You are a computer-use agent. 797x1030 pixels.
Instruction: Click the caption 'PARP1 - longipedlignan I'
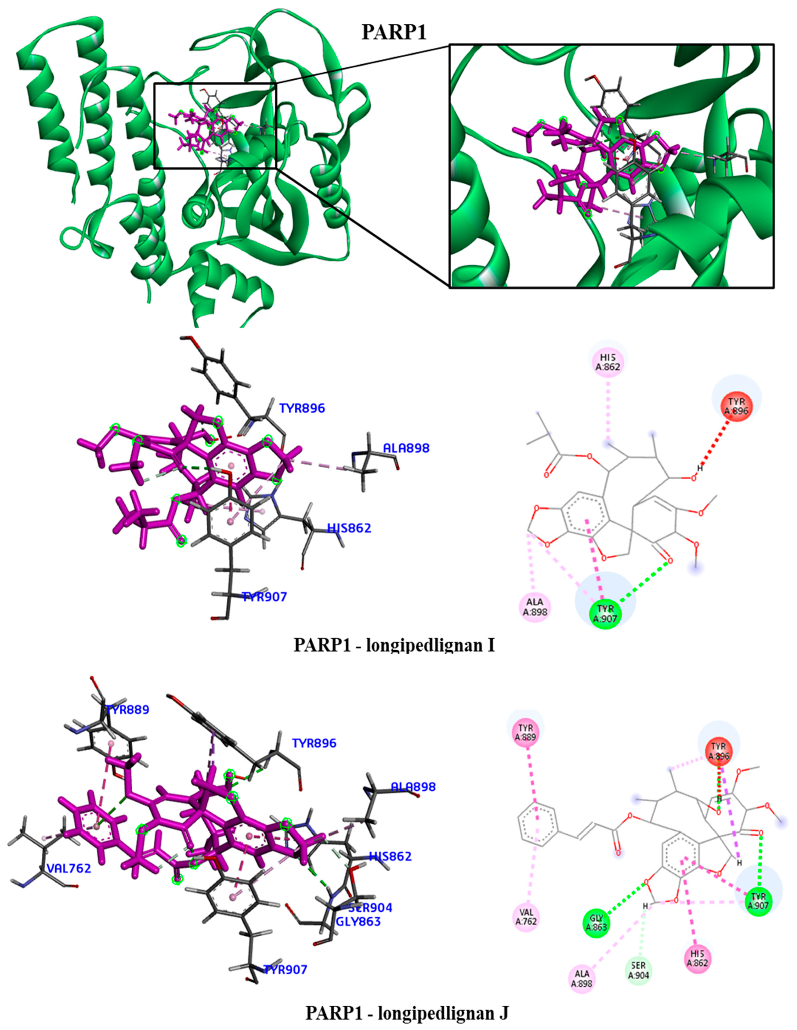coord(394,645)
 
